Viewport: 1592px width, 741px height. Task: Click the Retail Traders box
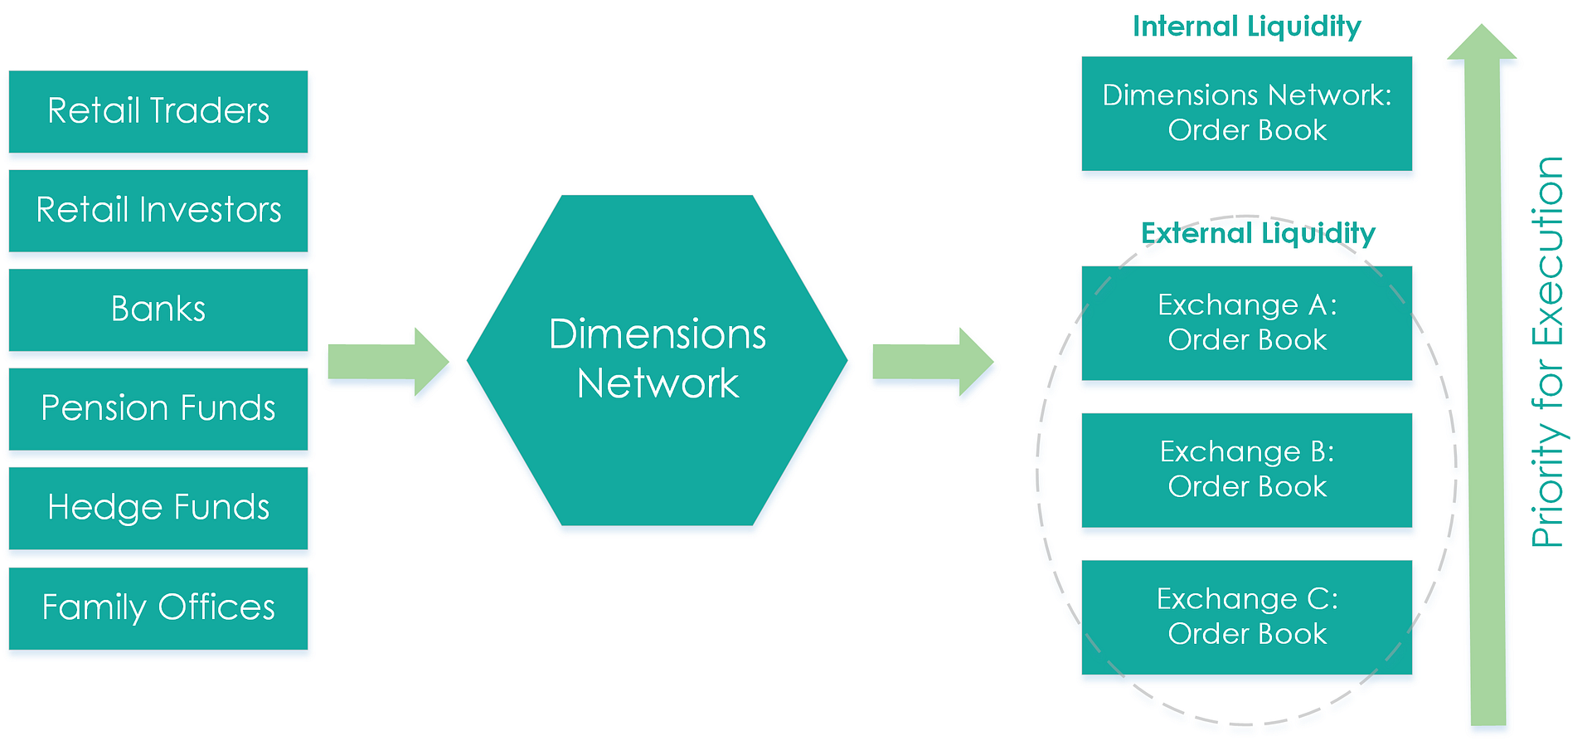(x=158, y=111)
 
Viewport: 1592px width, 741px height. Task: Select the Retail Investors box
(x=158, y=210)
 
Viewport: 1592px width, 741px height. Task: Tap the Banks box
(x=158, y=310)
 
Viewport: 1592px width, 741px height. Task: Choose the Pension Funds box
(x=158, y=408)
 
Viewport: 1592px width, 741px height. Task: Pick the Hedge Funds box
(x=158, y=508)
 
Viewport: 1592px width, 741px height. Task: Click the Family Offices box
(x=158, y=607)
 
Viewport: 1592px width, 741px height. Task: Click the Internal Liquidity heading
(x=1246, y=27)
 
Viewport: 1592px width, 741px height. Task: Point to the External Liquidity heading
(x=1258, y=233)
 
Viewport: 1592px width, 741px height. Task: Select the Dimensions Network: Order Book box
(x=1246, y=113)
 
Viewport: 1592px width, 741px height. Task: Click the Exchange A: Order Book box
(x=1246, y=323)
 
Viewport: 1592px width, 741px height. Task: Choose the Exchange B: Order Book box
(x=1246, y=470)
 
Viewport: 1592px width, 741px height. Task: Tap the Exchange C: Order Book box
(x=1246, y=617)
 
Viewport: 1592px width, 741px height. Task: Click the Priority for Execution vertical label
(x=1547, y=352)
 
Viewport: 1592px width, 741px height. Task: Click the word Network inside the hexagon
(x=658, y=384)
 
